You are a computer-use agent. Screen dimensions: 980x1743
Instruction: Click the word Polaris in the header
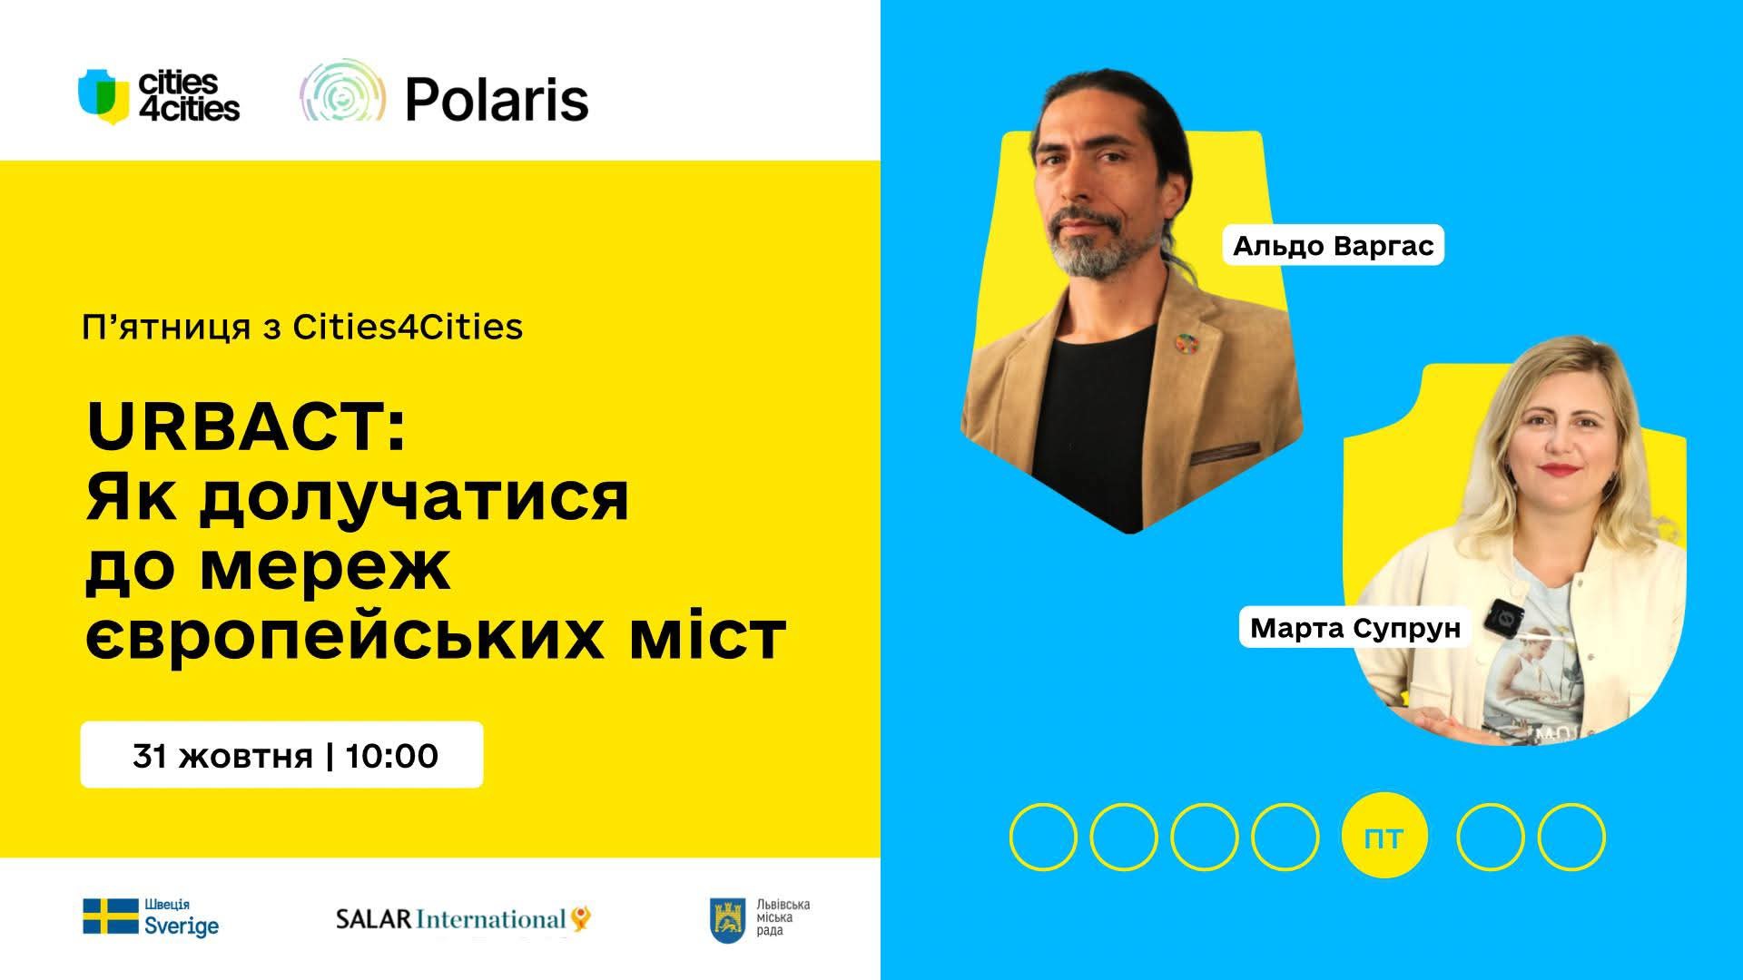497,99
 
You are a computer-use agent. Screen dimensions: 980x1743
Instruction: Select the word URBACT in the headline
236,427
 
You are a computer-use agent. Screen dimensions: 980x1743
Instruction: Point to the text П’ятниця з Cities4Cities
302,327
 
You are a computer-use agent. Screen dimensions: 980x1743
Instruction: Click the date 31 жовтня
222,756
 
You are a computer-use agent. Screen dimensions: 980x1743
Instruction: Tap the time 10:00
392,756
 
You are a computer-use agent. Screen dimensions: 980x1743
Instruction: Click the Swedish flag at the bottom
110,916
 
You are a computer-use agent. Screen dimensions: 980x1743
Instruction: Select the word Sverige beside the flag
182,926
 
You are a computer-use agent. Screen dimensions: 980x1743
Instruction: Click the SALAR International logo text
451,919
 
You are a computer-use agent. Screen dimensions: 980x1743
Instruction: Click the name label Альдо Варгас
1333,245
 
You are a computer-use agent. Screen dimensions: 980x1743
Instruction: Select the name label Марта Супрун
1354,628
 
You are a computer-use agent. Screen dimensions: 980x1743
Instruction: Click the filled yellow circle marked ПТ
1384,837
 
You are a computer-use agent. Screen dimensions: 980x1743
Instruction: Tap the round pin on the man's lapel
1182,342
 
